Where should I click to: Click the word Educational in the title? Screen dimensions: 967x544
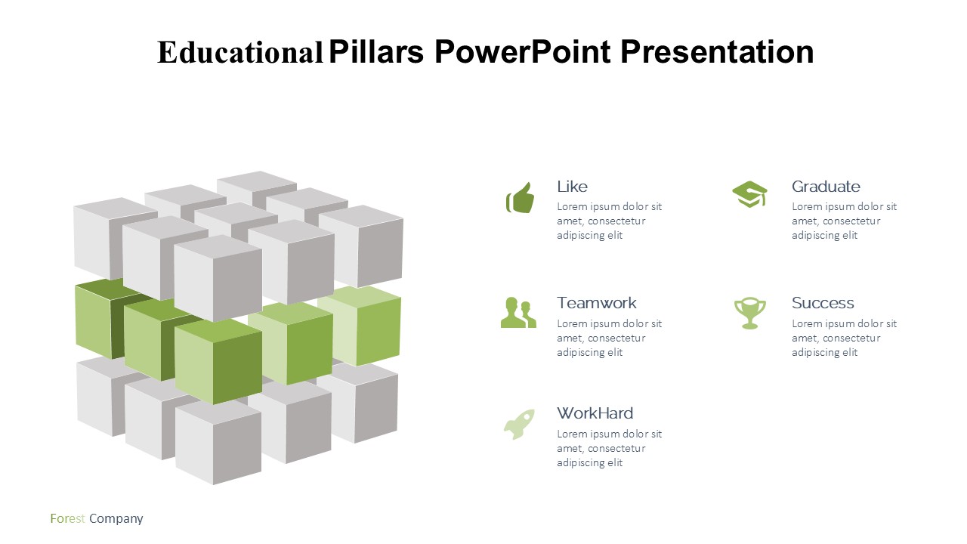click(x=240, y=52)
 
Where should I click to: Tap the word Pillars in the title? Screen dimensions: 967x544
click(x=376, y=52)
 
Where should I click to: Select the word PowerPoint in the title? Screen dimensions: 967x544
click(x=522, y=52)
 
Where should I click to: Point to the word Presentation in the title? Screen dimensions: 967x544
click(x=717, y=52)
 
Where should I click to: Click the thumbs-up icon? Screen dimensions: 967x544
click(x=521, y=198)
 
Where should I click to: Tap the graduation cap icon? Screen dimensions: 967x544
click(x=750, y=194)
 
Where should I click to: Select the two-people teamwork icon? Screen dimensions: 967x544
click(x=518, y=313)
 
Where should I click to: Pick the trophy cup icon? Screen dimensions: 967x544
click(x=750, y=313)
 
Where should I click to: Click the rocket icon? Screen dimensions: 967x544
click(x=519, y=425)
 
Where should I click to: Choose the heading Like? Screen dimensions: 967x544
click(x=572, y=187)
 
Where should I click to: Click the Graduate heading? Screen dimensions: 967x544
click(x=826, y=187)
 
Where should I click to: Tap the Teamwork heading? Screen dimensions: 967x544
click(x=597, y=303)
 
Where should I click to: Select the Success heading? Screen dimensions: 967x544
click(x=823, y=303)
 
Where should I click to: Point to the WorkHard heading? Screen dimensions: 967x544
click(x=595, y=413)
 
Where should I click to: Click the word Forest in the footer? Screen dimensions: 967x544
click(x=67, y=518)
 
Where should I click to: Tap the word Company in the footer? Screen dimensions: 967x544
click(x=116, y=518)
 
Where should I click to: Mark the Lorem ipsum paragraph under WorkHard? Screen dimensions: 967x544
click(x=609, y=448)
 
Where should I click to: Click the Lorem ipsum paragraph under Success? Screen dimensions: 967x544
click(x=844, y=338)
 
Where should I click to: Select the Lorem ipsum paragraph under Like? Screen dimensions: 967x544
click(x=609, y=221)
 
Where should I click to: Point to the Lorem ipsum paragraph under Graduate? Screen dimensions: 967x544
click(x=844, y=221)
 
